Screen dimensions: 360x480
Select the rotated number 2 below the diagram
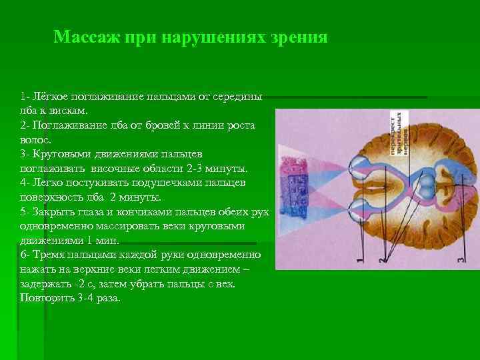pyautogui.click(x=383, y=256)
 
